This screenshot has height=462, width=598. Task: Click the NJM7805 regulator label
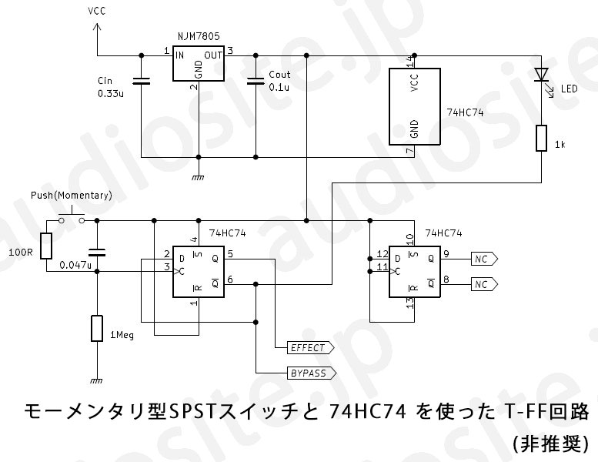click(199, 36)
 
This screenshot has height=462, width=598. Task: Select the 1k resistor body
click(542, 138)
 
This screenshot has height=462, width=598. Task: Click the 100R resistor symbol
click(46, 246)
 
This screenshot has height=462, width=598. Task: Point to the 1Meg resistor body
click(97, 328)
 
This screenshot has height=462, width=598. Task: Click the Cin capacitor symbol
click(141, 81)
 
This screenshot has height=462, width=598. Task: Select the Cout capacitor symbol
click(256, 81)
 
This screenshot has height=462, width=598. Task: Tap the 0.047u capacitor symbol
click(97, 252)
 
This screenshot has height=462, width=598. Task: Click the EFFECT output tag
click(310, 348)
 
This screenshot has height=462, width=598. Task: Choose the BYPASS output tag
click(312, 373)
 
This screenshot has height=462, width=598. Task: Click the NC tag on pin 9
click(484, 259)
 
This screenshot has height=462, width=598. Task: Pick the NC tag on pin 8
click(484, 284)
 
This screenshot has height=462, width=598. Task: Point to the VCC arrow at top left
click(97, 27)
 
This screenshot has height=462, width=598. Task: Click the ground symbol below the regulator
click(199, 177)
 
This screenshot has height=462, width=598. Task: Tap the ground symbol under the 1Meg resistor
click(97, 380)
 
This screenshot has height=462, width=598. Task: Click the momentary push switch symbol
click(72, 216)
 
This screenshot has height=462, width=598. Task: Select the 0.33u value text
click(111, 93)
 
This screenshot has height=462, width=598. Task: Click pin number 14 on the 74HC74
click(410, 62)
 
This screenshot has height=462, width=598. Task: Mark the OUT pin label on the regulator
click(213, 55)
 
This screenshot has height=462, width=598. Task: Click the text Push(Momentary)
click(72, 196)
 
